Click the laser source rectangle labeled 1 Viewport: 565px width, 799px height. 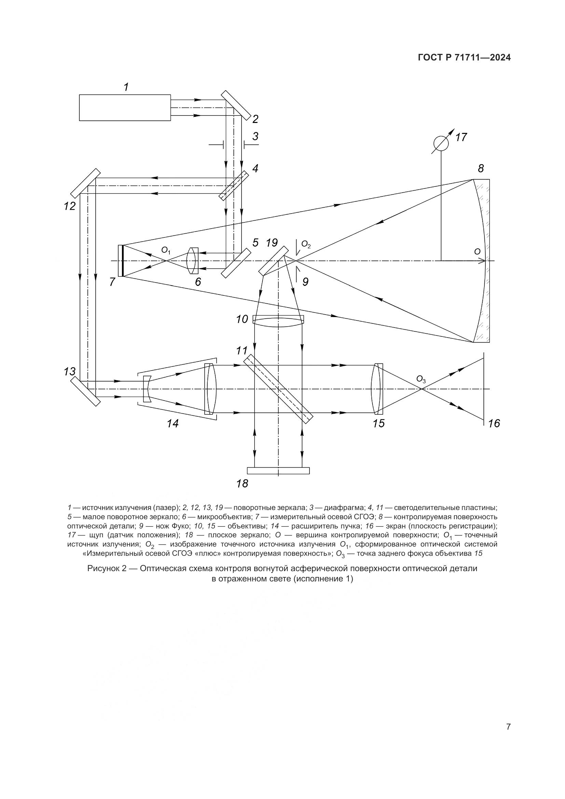click(x=125, y=108)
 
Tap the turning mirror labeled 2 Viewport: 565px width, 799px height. click(x=236, y=105)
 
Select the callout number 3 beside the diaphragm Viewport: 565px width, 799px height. click(x=256, y=136)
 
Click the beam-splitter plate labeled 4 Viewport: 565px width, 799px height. click(x=234, y=185)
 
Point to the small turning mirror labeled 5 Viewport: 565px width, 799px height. click(x=236, y=263)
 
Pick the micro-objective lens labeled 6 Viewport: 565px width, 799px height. click(x=193, y=261)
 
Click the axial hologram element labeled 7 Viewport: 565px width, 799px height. click(x=121, y=261)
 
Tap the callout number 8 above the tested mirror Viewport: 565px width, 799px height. click(x=481, y=169)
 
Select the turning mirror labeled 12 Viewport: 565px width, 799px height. click(x=85, y=183)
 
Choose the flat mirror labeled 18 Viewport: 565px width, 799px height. click(x=278, y=470)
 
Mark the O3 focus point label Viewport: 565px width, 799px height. click(x=421, y=379)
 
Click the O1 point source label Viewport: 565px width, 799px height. click(x=166, y=250)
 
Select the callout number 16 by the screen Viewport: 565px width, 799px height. click(x=494, y=424)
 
